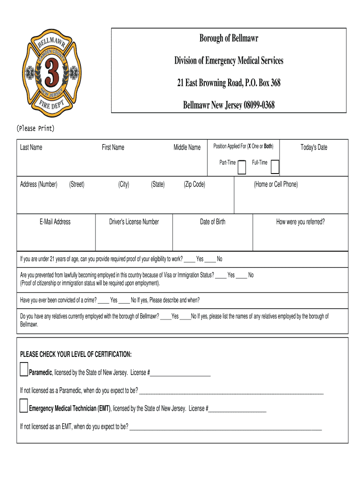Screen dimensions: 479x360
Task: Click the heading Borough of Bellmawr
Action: (229, 38)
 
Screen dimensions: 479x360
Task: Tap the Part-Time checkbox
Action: (242, 167)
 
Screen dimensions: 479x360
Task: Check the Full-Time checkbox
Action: (275, 167)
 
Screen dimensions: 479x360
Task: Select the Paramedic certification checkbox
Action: (24, 370)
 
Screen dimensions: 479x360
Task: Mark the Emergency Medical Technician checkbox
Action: (24, 406)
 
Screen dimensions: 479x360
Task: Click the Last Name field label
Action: (31, 147)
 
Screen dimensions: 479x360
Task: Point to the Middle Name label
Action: (187, 147)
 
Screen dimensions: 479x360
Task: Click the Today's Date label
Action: (314, 147)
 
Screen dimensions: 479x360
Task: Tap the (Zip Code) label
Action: (194, 184)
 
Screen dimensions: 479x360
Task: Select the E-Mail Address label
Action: (55, 222)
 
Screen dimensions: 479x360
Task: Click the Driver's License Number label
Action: (134, 222)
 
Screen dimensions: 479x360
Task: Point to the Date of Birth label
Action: (212, 222)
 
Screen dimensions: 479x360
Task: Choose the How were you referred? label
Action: (300, 222)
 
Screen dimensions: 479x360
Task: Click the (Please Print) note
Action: (36, 128)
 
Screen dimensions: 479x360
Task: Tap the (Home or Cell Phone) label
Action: (275, 184)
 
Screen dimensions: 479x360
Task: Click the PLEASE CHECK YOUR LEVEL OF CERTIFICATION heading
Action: (76, 354)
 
